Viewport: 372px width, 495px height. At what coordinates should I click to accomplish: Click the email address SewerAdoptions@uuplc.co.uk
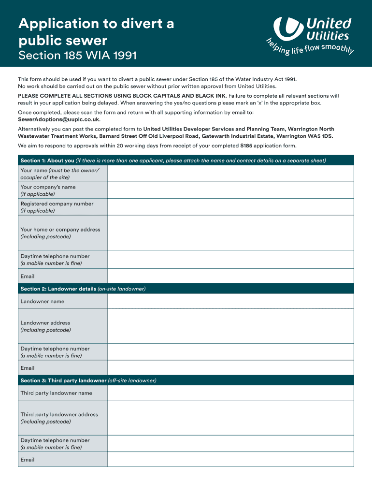click(58, 119)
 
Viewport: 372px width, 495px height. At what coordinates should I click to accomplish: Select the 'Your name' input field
click(230, 174)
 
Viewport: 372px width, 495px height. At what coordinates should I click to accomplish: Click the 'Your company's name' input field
click(230, 190)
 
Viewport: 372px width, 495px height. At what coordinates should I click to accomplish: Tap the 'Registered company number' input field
click(230, 207)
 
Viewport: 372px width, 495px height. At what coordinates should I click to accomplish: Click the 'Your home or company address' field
click(230, 233)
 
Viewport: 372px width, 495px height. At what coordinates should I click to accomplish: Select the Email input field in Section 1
click(230, 277)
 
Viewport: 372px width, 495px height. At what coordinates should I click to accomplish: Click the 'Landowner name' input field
click(230, 301)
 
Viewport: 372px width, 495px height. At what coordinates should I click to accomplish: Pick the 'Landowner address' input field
click(230, 326)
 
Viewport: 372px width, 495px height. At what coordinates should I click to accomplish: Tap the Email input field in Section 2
click(230, 368)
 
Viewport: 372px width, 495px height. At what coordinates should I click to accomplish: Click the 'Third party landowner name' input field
click(230, 393)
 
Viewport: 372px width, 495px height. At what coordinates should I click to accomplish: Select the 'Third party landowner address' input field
click(230, 418)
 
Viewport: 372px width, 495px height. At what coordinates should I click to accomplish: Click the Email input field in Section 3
click(230, 460)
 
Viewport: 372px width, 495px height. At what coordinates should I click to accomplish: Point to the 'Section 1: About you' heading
click(47, 160)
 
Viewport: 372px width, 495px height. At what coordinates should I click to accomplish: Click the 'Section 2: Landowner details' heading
click(58, 289)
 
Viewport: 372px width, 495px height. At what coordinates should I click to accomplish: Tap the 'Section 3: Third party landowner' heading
click(63, 381)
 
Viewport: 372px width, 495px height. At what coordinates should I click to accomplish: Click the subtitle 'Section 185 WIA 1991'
click(77, 56)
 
